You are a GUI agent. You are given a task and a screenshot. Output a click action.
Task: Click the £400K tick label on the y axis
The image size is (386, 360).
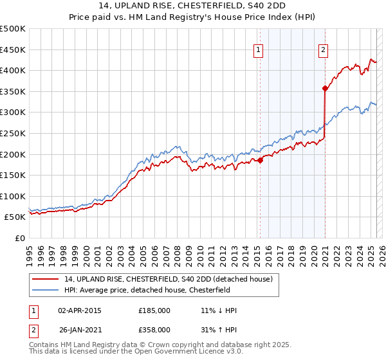pos(13,70)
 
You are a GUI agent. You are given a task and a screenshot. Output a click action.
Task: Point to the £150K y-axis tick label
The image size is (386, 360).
pos(13,175)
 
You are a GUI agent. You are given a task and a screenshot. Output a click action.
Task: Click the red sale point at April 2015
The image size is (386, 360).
pos(260,161)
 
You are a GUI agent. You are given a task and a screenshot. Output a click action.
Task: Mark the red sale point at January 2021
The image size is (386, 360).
pos(326,89)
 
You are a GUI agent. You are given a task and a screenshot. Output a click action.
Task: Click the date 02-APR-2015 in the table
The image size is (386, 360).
pos(79,310)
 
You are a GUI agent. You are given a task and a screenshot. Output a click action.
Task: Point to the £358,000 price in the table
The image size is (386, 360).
pos(154,330)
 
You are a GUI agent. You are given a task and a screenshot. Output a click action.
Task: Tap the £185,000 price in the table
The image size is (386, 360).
pos(154,310)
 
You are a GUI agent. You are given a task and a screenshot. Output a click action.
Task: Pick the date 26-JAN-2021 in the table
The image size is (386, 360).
pos(79,330)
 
